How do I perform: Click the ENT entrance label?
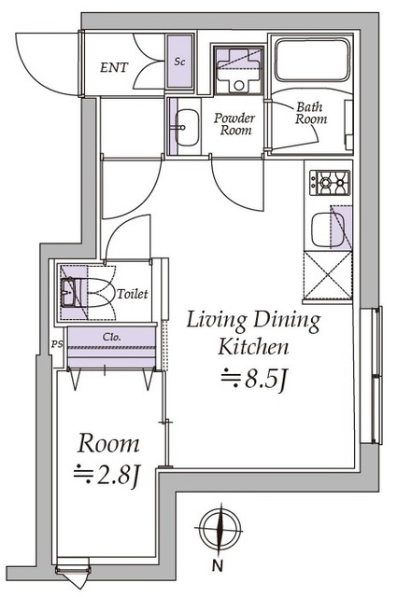click(114, 68)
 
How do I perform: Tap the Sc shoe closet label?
click(179, 61)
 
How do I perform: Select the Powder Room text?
click(234, 124)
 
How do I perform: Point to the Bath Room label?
click(311, 113)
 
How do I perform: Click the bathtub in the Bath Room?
click(312, 60)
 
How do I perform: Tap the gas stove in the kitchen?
click(330, 183)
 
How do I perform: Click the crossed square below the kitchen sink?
click(327, 275)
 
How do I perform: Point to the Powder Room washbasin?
click(187, 128)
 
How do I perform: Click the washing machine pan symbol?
click(238, 70)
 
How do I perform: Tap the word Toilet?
click(132, 294)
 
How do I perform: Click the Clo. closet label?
click(112, 337)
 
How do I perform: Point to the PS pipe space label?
click(57, 344)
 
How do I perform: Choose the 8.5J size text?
click(253, 379)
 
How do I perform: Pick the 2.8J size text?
click(107, 475)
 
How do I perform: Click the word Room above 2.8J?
click(108, 444)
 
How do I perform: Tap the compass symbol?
click(219, 528)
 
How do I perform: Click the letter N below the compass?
click(218, 566)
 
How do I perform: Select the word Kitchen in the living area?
click(253, 347)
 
